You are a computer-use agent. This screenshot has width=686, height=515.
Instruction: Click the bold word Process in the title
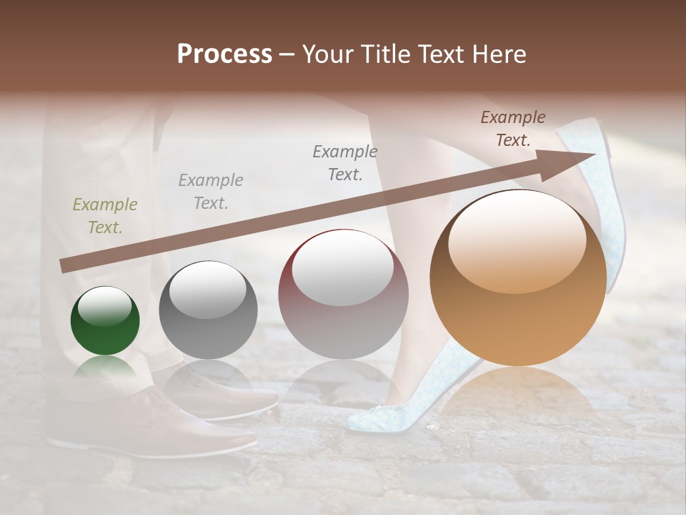[224, 54]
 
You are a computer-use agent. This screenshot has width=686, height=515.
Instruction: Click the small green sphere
[105, 321]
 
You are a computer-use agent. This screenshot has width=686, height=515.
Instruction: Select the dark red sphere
[343, 295]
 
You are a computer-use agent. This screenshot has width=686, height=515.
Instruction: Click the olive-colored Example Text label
[104, 216]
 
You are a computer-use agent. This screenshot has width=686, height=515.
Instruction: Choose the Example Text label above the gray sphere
[210, 192]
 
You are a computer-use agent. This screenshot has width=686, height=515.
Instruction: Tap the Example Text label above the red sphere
[344, 162]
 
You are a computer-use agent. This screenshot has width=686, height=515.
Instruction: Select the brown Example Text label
[512, 129]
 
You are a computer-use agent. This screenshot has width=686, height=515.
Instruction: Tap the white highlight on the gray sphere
[207, 289]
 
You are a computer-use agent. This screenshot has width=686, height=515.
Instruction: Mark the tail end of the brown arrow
[64, 265]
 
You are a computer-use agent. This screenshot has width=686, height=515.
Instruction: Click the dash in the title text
[287, 54]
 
